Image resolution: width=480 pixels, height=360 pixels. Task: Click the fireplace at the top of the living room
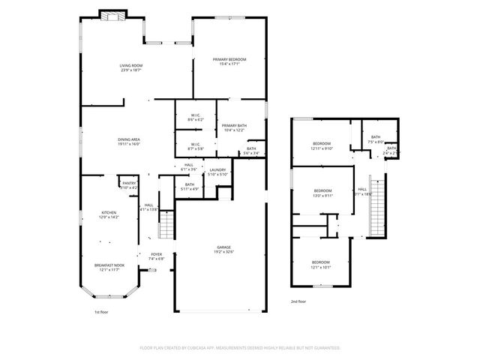click(112, 14)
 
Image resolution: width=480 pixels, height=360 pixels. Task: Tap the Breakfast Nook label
click(109, 266)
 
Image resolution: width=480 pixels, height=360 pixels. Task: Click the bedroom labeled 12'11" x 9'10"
click(322, 145)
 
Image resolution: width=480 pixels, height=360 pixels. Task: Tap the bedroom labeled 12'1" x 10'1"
click(321, 264)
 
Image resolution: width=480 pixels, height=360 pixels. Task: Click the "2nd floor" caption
click(298, 301)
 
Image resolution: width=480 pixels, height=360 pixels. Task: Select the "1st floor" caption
click(102, 311)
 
